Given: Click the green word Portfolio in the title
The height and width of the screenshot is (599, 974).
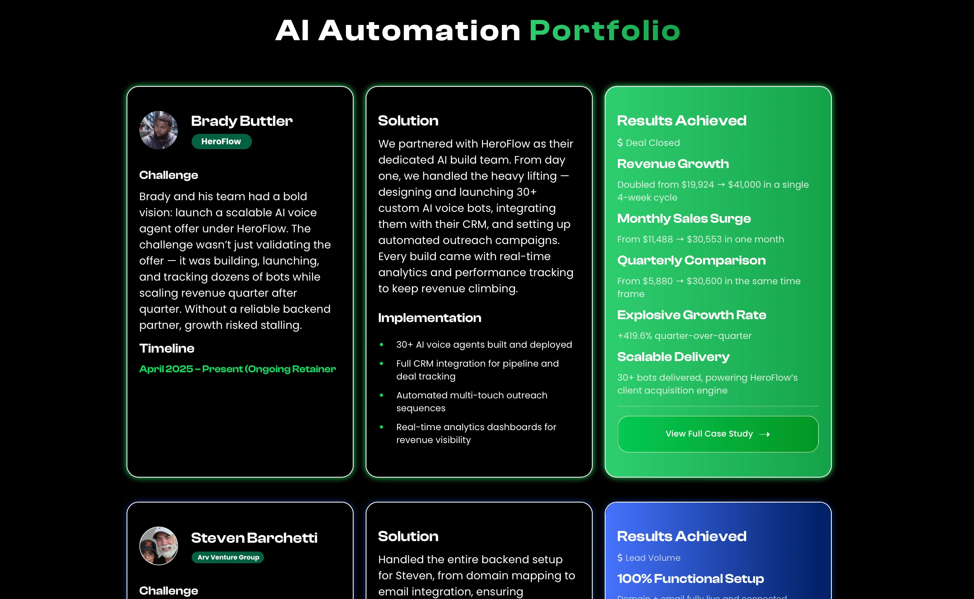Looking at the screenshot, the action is pos(605,31).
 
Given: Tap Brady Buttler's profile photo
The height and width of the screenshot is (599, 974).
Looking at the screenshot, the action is pos(159,130).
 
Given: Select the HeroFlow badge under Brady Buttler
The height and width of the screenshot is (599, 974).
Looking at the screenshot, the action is pos(221,142).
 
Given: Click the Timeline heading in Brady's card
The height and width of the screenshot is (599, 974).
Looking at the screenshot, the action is pos(167,348).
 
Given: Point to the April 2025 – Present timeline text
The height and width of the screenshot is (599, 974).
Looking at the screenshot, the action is pos(237,369).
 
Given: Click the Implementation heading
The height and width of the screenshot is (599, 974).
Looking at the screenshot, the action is pos(430,318).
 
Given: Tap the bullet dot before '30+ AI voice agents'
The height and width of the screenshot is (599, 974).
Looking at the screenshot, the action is pos(381,345).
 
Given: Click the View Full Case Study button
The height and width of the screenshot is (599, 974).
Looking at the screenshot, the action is pos(718,434).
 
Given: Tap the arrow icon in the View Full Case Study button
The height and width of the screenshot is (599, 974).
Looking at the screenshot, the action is pos(765,434).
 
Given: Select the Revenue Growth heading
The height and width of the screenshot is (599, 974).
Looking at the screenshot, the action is pos(673,164).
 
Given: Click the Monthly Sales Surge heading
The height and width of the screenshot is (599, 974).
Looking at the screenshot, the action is pos(684,218).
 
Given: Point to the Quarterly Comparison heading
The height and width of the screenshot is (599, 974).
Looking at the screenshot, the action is pos(692,260).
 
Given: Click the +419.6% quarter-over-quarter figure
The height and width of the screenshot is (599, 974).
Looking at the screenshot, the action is pos(684,336).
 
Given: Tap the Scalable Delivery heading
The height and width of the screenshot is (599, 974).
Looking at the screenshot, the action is pos(673,357).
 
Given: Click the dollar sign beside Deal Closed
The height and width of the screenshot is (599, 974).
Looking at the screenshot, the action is pos(620,143).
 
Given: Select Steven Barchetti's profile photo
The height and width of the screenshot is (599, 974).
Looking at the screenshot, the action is pos(159,546).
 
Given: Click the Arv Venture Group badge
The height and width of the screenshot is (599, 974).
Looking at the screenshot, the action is pos(228,557).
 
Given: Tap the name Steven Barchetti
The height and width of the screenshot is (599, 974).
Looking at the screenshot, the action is pos(254,537).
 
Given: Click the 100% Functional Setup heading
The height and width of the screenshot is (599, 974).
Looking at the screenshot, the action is pos(690,578).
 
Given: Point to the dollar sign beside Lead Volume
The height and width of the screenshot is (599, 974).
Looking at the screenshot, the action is pos(620,558).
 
